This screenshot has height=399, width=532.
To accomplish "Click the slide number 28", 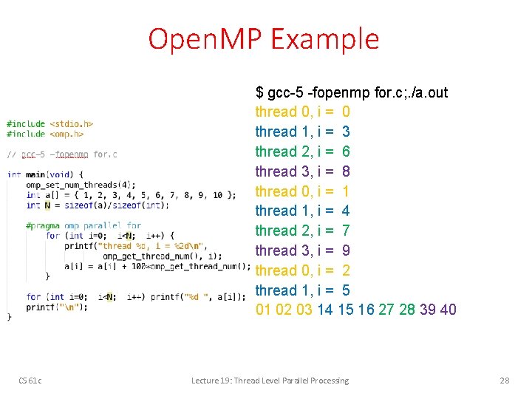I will (505, 381).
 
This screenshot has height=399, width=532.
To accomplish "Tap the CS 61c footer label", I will (30, 381).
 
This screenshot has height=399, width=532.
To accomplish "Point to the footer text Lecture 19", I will (215, 381).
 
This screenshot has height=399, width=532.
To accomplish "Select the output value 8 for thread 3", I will (347, 171).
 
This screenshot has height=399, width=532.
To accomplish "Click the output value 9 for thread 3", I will (347, 250).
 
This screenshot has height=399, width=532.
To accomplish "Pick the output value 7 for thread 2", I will (347, 231).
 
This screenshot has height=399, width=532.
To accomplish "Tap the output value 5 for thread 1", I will (347, 290).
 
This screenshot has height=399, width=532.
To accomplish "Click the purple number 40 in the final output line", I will (448, 310).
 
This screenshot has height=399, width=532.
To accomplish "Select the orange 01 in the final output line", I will (264, 310).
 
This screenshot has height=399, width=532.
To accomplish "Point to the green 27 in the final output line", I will (386, 310).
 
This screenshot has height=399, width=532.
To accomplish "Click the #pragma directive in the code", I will (43, 226).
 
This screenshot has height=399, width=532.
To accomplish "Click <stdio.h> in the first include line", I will (71, 124).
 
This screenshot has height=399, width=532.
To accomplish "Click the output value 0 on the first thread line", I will (347, 112).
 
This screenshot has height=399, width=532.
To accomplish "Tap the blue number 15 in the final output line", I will (345, 310).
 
